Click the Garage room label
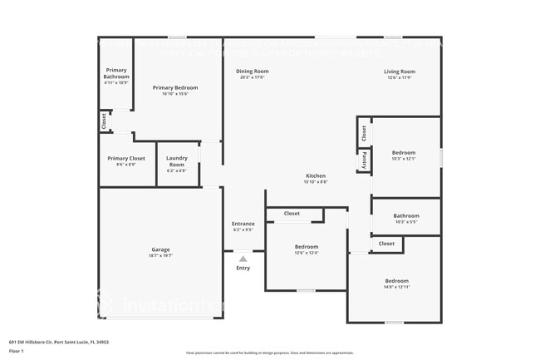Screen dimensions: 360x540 (x=160, y=249)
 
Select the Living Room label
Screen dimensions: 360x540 (x=400, y=72)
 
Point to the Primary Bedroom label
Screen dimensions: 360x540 (x=175, y=87)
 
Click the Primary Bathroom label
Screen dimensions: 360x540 (x=116, y=75)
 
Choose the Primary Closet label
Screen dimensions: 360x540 (x=126, y=158)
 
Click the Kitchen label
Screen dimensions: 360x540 (x=317, y=175)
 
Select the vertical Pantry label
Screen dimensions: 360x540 (x=364, y=159)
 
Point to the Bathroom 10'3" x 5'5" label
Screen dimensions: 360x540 (x=406, y=215)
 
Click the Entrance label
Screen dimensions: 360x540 (x=243, y=223)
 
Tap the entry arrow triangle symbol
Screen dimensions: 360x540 (x=243, y=259)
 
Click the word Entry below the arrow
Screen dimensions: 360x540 (x=243, y=268)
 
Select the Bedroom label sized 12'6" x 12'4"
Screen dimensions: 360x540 (x=307, y=246)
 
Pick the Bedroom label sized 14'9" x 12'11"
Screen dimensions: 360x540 (x=396, y=281)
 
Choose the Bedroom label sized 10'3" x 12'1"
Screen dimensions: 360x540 (x=404, y=152)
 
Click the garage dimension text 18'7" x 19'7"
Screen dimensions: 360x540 (x=160, y=255)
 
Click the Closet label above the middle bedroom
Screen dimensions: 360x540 (x=292, y=214)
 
